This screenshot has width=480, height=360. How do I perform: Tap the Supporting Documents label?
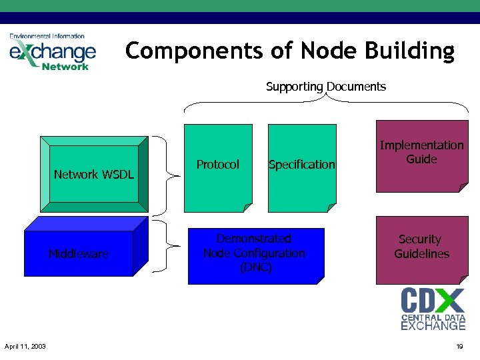pyautogui.click(x=325, y=87)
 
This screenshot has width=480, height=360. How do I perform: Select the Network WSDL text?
pyautogui.click(x=93, y=175)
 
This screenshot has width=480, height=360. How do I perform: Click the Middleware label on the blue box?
pyautogui.click(x=78, y=253)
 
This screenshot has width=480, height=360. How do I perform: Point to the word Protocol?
pyautogui.click(x=217, y=164)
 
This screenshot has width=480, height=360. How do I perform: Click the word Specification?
pyautogui.click(x=301, y=165)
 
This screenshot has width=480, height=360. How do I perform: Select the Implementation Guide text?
pyautogui.click(x=421, y=152)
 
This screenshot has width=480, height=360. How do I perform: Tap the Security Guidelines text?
pyautogui.click(x=421, y=246)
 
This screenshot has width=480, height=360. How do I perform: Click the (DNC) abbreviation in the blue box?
pyautogui.click(x=254, y=267)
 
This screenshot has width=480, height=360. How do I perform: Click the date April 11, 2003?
pyautogui.click(x=25, y=347)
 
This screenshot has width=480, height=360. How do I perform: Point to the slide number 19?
pyautogui.click(x=459, y=347)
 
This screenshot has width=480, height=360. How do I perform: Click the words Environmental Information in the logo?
pyautogui.click(x=47, y=36)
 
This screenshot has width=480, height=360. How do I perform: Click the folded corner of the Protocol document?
pyautogui.click(x=247, y=207)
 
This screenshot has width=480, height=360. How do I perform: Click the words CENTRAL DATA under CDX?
pyautogui.click(x=433, y=317)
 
